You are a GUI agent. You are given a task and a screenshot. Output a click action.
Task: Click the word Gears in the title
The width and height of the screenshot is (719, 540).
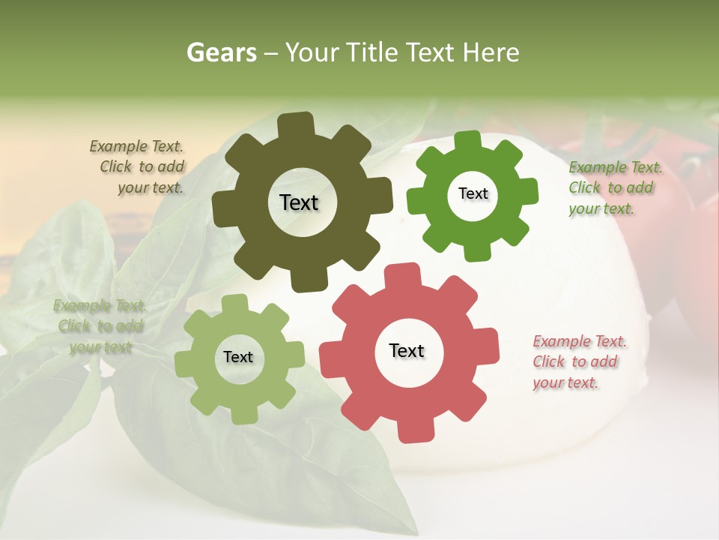coord(221,52)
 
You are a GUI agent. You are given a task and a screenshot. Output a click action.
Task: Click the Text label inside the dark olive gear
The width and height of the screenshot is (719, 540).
coord(299,202)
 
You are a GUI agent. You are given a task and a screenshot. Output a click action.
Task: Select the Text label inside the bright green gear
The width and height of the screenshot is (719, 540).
coord(473,193)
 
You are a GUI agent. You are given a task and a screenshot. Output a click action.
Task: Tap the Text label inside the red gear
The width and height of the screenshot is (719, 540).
coord(407,350)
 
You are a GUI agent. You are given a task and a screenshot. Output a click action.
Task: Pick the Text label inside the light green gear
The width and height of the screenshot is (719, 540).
coord(238,357)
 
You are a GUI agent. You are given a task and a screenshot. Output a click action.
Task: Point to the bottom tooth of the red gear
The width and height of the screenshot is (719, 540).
coord(410,431)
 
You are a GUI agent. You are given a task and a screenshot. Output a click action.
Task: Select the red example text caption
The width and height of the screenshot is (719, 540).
coord(580,362)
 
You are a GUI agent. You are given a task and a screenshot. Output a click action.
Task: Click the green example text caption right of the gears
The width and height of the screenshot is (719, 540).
coord(614,187)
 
